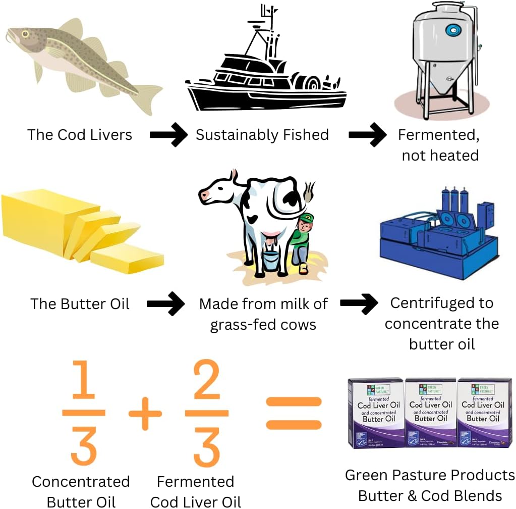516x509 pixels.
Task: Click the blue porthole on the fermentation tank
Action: pos(451,31)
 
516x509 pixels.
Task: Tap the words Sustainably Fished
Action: pos(262,135)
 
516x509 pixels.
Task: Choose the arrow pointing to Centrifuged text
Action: pos(359,303)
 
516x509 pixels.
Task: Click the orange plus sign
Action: pos(145,414)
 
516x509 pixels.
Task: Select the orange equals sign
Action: pos(294,413)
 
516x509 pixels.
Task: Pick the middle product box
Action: pos(430,413)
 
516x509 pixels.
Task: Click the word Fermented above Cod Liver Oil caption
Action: pos(195,481)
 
